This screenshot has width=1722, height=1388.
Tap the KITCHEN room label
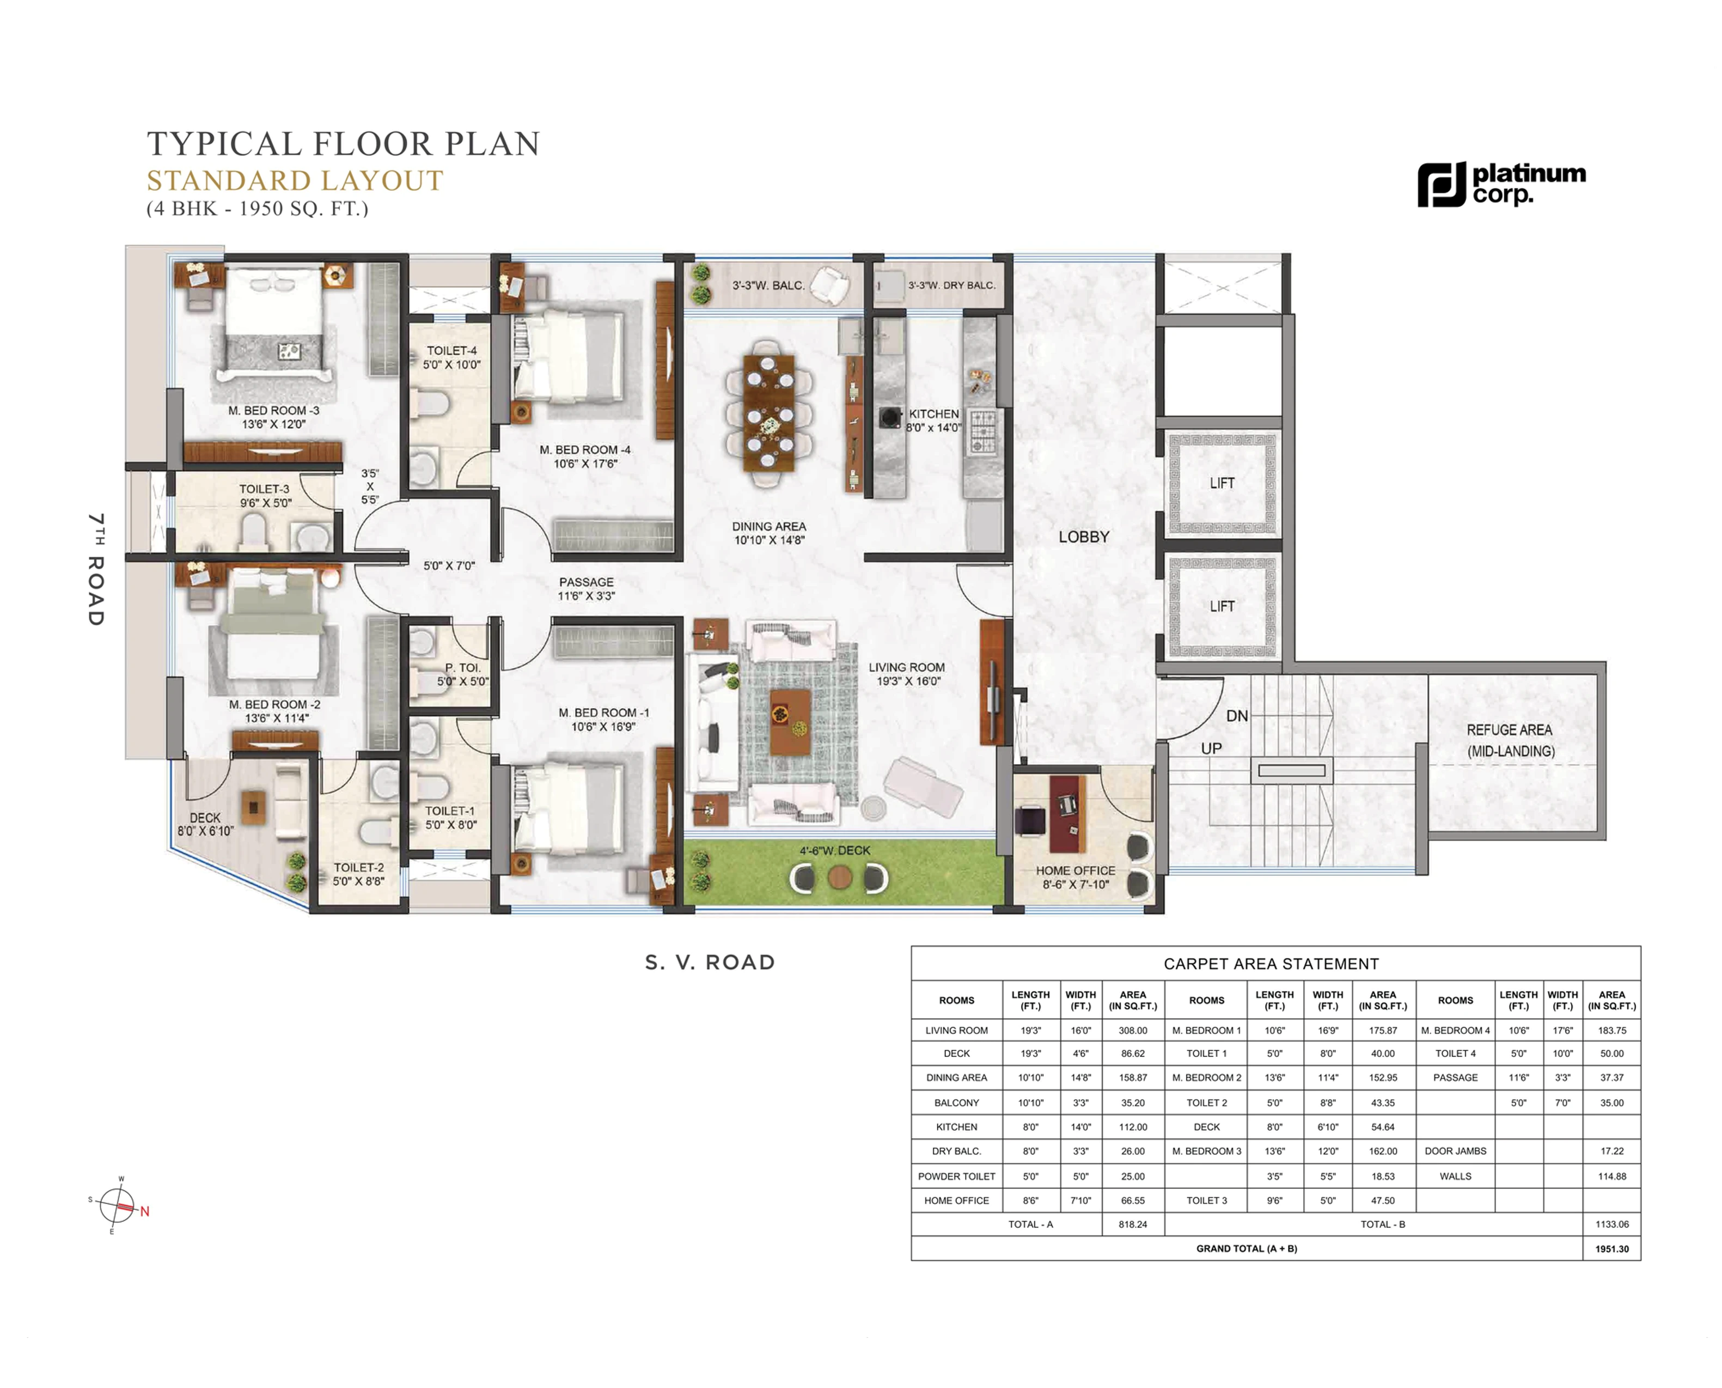[933, 413]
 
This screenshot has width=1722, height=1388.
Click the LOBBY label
[1083, 537]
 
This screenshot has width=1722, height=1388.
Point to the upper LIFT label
[1222, 483]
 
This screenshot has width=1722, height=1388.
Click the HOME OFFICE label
[1074, 870]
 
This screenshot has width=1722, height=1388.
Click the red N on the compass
[145, 1212]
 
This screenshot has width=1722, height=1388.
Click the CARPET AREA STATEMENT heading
[1271, 964]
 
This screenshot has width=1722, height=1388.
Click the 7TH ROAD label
[96, 569]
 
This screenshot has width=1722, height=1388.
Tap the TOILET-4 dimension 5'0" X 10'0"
[451, 364]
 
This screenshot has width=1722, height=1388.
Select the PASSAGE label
[586, 582]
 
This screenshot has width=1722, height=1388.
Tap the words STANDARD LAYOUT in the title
[294, 181]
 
